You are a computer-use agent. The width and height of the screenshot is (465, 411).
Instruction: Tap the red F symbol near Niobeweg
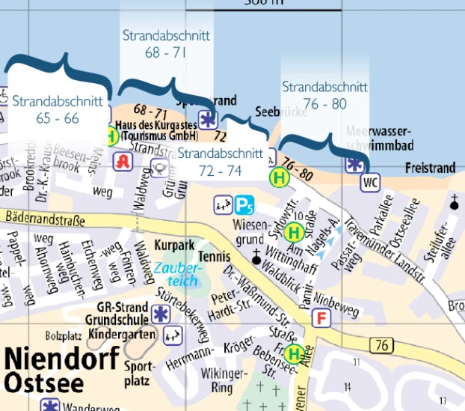click(x=323, y=318)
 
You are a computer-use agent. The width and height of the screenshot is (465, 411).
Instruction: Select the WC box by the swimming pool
click(x=370, y=182)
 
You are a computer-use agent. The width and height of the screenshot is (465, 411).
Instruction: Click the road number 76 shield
click(x=381, y=345)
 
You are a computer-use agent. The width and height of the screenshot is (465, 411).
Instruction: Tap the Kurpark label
click(x=173, y=246)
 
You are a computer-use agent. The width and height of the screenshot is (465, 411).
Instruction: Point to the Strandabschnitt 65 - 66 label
click(x=46, y=109)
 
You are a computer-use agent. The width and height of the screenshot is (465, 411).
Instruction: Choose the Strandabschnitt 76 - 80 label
click(x=324, y=95)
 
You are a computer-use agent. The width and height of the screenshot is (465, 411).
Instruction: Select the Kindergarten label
click(x=122, y=333)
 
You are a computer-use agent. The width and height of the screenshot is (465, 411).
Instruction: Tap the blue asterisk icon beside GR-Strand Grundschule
click(x=159, y=313)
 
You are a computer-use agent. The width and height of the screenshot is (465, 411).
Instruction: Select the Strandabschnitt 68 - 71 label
click(x=166, y=43)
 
